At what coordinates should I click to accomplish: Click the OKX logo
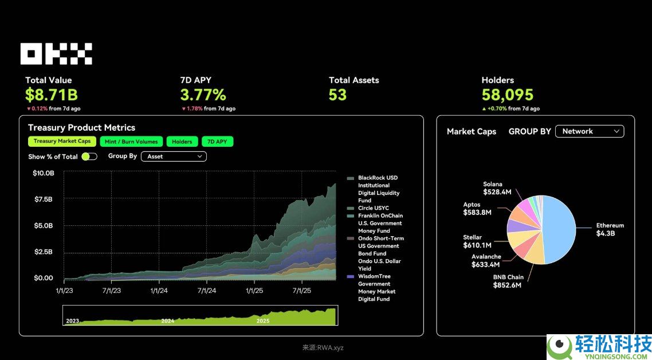pyautogui.click(x=56, y=54)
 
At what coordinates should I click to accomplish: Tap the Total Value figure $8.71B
pyautogui.click(x=52, y=95)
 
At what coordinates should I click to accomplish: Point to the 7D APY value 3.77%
pyautogui.click(x=203, y=95)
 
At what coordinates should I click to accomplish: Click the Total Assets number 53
pyautogui.click(x=337, y=95)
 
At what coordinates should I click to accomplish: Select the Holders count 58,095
pyautogui.click(x=507, y=95)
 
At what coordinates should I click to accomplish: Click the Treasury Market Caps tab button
pyautogui.click(x=62, y=142)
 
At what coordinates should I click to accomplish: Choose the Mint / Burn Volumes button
pyautogui.click(x=131, y=142)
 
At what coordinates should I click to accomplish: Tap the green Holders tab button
pyautogui.click(x=182, y=142)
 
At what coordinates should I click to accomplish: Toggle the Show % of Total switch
pyautogui.click(x=89, y=156)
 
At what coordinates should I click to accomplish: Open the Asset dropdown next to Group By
pyautogui.click(x=174, y=156)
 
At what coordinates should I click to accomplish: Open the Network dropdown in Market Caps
pyautogui.click(x=590, y=131)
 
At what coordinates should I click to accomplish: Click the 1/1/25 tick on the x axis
pyautogui.click(x=254, y=291)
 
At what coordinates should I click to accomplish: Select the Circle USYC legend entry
pyautogui.click(x=373, y=208)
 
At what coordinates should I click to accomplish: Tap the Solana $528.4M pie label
pyautogui.click(x=497, y=189)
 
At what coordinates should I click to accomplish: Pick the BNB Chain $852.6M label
pyautogui.click(x=508, y=281)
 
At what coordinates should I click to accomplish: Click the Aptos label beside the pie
pyautogui.click(x=472, y=205)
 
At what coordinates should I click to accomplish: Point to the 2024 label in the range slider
pyautogui.click(x=167, y=321)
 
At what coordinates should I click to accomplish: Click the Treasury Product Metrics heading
pyautogui.click(x=81, y=127)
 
